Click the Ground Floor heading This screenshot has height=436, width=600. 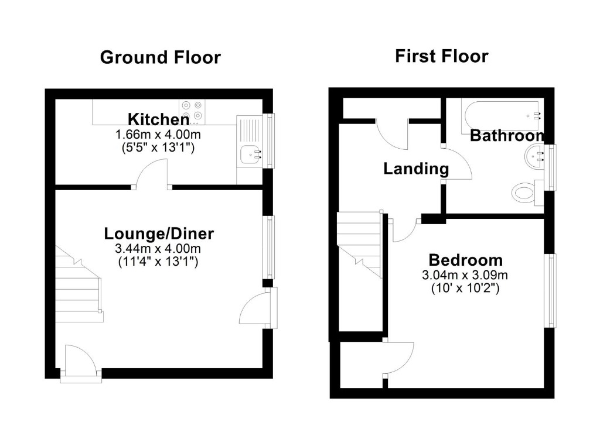(x=160, y=57)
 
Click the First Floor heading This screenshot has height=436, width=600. (x=441, y=56)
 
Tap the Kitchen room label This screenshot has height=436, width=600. (x=158, y=119)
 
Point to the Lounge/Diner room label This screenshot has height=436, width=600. (x=159, y=234)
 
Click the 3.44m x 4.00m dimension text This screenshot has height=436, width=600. (x=158, y=249)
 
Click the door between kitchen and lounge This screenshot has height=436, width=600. (x=151, y=176)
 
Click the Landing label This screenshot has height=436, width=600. (x=416, y=169)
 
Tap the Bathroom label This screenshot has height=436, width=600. (x=507, y=136)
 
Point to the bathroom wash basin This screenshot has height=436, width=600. (x=534, y=156)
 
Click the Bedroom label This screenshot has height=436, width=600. (x=465, y=260)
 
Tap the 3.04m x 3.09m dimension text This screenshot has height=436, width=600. (x=465, y=274)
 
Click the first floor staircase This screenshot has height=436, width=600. (x=359, y=246)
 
